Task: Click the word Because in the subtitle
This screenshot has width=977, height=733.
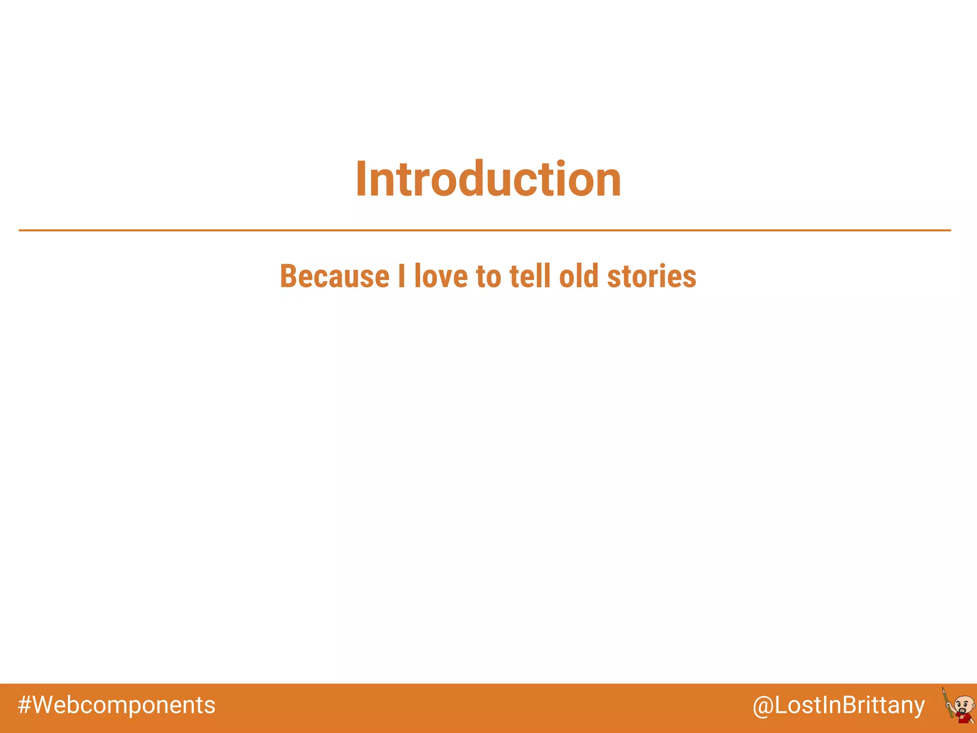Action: (334, 276)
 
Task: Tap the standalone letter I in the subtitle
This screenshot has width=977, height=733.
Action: (402, 276)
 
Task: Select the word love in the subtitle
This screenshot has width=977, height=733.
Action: (441, 276)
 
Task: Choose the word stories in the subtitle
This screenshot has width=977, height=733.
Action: (651, 276)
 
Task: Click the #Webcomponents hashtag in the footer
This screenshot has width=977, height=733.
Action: (116, 705)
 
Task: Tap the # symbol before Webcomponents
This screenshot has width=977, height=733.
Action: (25, 705)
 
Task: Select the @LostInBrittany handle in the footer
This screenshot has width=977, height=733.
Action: (838, 705)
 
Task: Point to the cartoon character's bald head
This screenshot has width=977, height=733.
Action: (965, 699)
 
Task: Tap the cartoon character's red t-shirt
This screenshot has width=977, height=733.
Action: (963, 718)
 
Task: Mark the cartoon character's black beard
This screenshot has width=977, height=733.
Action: (962, 711)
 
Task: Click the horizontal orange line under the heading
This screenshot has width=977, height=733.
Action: (484, 230)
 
